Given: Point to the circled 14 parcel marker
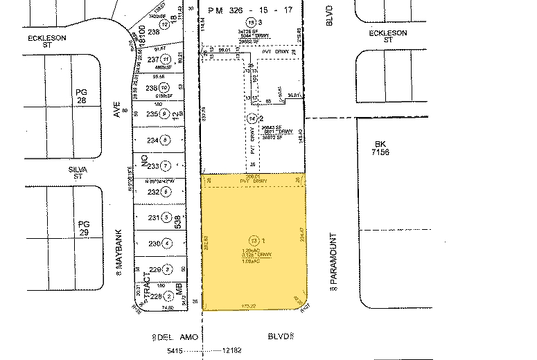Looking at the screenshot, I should point(251,119).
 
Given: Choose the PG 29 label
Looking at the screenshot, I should point(84,228).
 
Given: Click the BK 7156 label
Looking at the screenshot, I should point(379,147).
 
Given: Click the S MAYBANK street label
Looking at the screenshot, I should point(118,253).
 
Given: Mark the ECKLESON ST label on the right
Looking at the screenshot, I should point(385,36).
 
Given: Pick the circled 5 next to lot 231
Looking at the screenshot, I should point(166,217).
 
